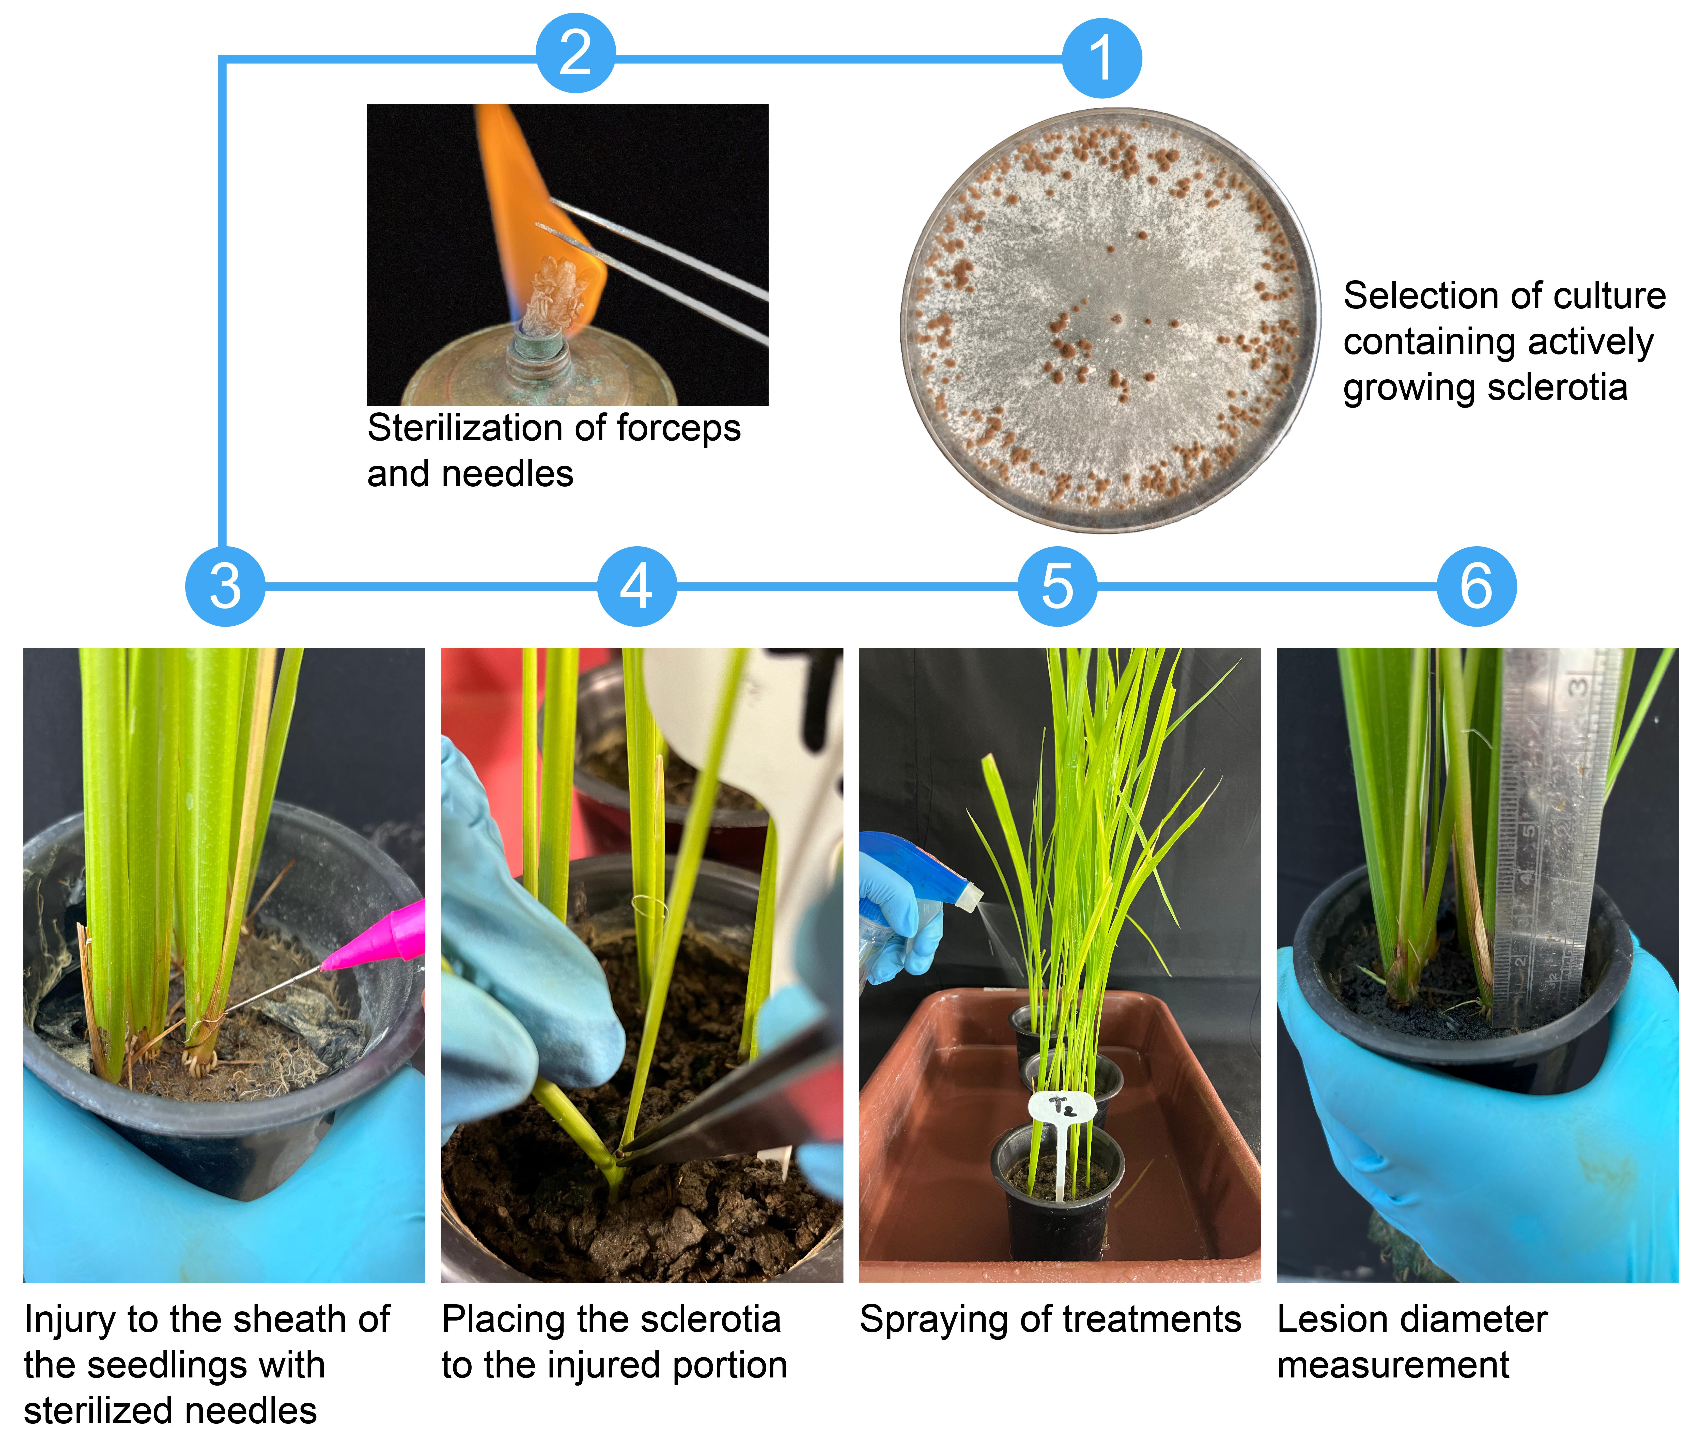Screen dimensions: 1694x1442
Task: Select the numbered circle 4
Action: coord(637,586)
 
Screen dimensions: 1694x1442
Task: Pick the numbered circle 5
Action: coord(1057,586)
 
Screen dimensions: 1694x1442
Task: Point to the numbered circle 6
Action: coord(1477,586)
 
